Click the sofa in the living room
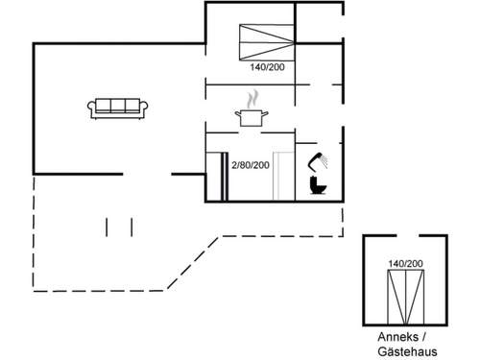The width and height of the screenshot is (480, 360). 117,108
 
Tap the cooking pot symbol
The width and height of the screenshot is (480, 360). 251,117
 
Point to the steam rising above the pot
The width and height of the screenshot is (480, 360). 252,99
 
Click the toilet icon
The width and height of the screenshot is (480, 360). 316,185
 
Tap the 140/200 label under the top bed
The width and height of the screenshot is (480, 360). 266,68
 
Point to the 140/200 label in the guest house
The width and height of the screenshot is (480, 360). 405,263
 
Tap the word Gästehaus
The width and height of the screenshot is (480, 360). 405,351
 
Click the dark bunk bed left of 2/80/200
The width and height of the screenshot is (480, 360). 215,176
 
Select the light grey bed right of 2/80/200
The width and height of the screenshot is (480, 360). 283,176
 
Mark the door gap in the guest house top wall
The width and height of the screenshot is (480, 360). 405,235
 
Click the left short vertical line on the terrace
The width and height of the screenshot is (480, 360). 108,226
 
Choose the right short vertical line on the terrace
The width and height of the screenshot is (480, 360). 130,226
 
